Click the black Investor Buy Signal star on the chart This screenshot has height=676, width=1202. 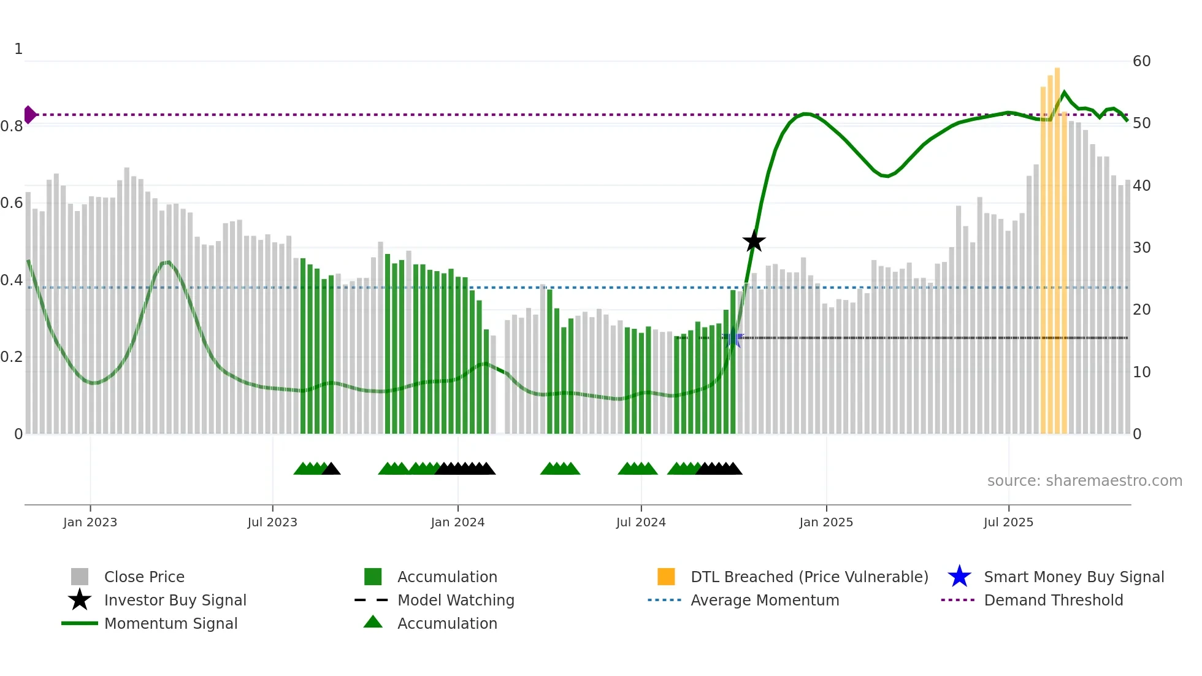pos(754,242)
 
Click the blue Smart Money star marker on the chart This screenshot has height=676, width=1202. pos(732,338)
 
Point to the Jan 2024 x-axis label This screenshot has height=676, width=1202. pos(457,522)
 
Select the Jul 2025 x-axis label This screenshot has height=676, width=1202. pos(1008,522)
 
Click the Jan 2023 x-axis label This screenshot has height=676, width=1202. pos(90,522)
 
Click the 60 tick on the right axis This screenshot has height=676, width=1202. pos(1141,61)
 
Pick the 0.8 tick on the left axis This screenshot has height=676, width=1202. pos(12,126)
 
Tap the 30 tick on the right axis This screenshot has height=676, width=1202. pos(1141,248)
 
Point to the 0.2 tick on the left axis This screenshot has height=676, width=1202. pos(12,357)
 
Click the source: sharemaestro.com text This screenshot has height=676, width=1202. pos(1084,481)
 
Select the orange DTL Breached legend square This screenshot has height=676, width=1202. pos(666,577)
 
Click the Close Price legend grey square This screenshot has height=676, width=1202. pos(80,577)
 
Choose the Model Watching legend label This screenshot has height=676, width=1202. pos(456,600)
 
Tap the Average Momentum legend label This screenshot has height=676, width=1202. pos(765,600)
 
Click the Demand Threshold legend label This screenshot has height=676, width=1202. pos(1053,600)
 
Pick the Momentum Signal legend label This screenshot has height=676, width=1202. pos(170,623)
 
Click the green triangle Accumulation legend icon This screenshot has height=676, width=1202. pos(373,622)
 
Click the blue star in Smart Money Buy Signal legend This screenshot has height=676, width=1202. pos(959,577)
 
